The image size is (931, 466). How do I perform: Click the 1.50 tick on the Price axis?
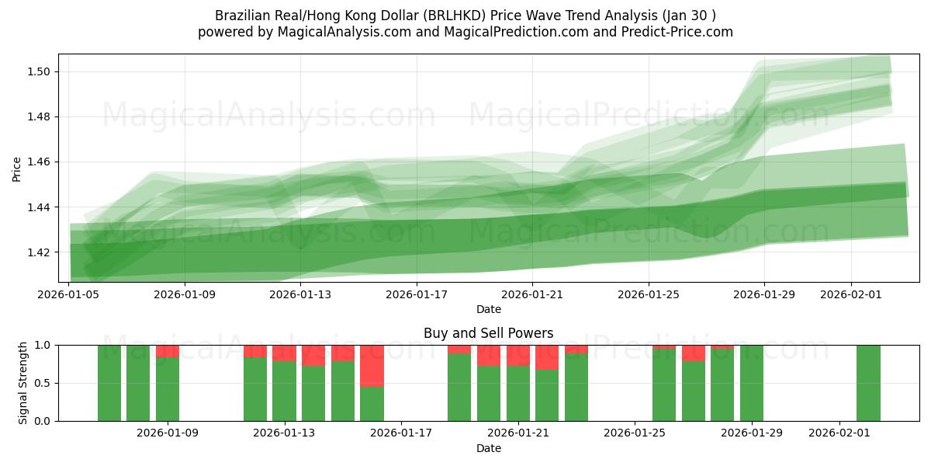40,71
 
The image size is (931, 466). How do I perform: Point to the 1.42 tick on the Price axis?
40,252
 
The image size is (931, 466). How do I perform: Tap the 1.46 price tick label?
40,162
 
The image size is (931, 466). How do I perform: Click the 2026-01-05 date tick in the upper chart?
70,294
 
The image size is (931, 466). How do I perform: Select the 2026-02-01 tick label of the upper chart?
851,294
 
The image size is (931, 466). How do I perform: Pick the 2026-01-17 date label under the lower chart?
401,433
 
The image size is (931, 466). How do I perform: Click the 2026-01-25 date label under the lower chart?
635,433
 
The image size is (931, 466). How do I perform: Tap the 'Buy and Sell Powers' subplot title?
488,333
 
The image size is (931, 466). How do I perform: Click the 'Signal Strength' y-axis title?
22,383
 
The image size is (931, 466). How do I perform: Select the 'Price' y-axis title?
17,169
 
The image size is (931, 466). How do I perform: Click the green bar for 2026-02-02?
868,383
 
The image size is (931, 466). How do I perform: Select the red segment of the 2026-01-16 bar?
372,365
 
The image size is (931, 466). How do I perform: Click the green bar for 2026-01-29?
752,383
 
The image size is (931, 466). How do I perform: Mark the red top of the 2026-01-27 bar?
694,353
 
